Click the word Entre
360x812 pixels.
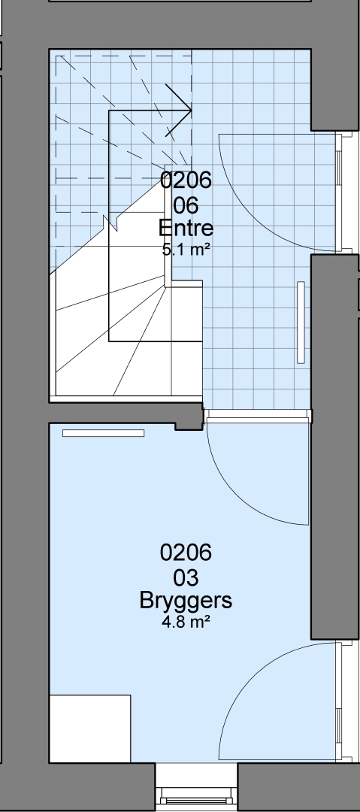point(186,228)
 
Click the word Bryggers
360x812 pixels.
point(186,601)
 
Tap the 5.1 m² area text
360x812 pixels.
point(186,250)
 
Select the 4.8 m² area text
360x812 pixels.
point(186,622)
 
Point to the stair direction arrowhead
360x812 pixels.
point(179,111)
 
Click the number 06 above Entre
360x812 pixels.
point(186,205)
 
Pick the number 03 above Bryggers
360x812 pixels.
point(186,577)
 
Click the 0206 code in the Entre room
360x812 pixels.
point(186,180)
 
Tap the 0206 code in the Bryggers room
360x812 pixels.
point(186,553)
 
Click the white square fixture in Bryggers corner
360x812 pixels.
point(89,729)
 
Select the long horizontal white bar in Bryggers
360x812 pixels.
point(103,433)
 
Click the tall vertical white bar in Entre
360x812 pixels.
point(301,322)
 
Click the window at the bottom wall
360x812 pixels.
point(196,795)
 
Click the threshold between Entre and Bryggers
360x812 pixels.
point(258,415)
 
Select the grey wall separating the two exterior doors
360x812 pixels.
point(334,447)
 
